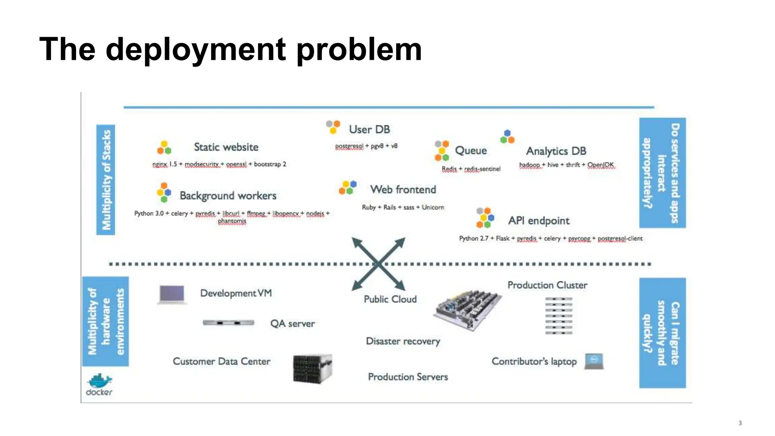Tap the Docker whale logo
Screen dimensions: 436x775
pos(99,381)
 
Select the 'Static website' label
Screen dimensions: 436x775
pos(226,147)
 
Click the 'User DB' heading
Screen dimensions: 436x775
pos(369,129)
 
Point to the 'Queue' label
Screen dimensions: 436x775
pos(471,151)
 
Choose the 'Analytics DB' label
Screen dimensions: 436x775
pos(556,151)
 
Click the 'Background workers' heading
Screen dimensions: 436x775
pos(228,196)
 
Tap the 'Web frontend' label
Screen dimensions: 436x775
pos(403,190)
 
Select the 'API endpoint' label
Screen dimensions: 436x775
pos(538,221)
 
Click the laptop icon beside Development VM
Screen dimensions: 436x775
pos(172,294)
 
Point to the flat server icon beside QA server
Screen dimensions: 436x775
pos(228,323)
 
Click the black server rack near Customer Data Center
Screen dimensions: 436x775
pos(312,369)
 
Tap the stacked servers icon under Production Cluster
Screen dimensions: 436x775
pos(559,316)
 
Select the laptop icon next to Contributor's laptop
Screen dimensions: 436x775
pos(594,361)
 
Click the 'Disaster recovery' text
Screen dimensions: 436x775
pos(403,341)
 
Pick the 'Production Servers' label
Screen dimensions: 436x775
pos(408,377)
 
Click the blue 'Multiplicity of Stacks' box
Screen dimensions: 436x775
pos(106,180)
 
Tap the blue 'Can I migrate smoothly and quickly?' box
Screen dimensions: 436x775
pos(662,333)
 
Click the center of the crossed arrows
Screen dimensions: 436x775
pos(378,264)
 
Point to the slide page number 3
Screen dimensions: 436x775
pos(740,423)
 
